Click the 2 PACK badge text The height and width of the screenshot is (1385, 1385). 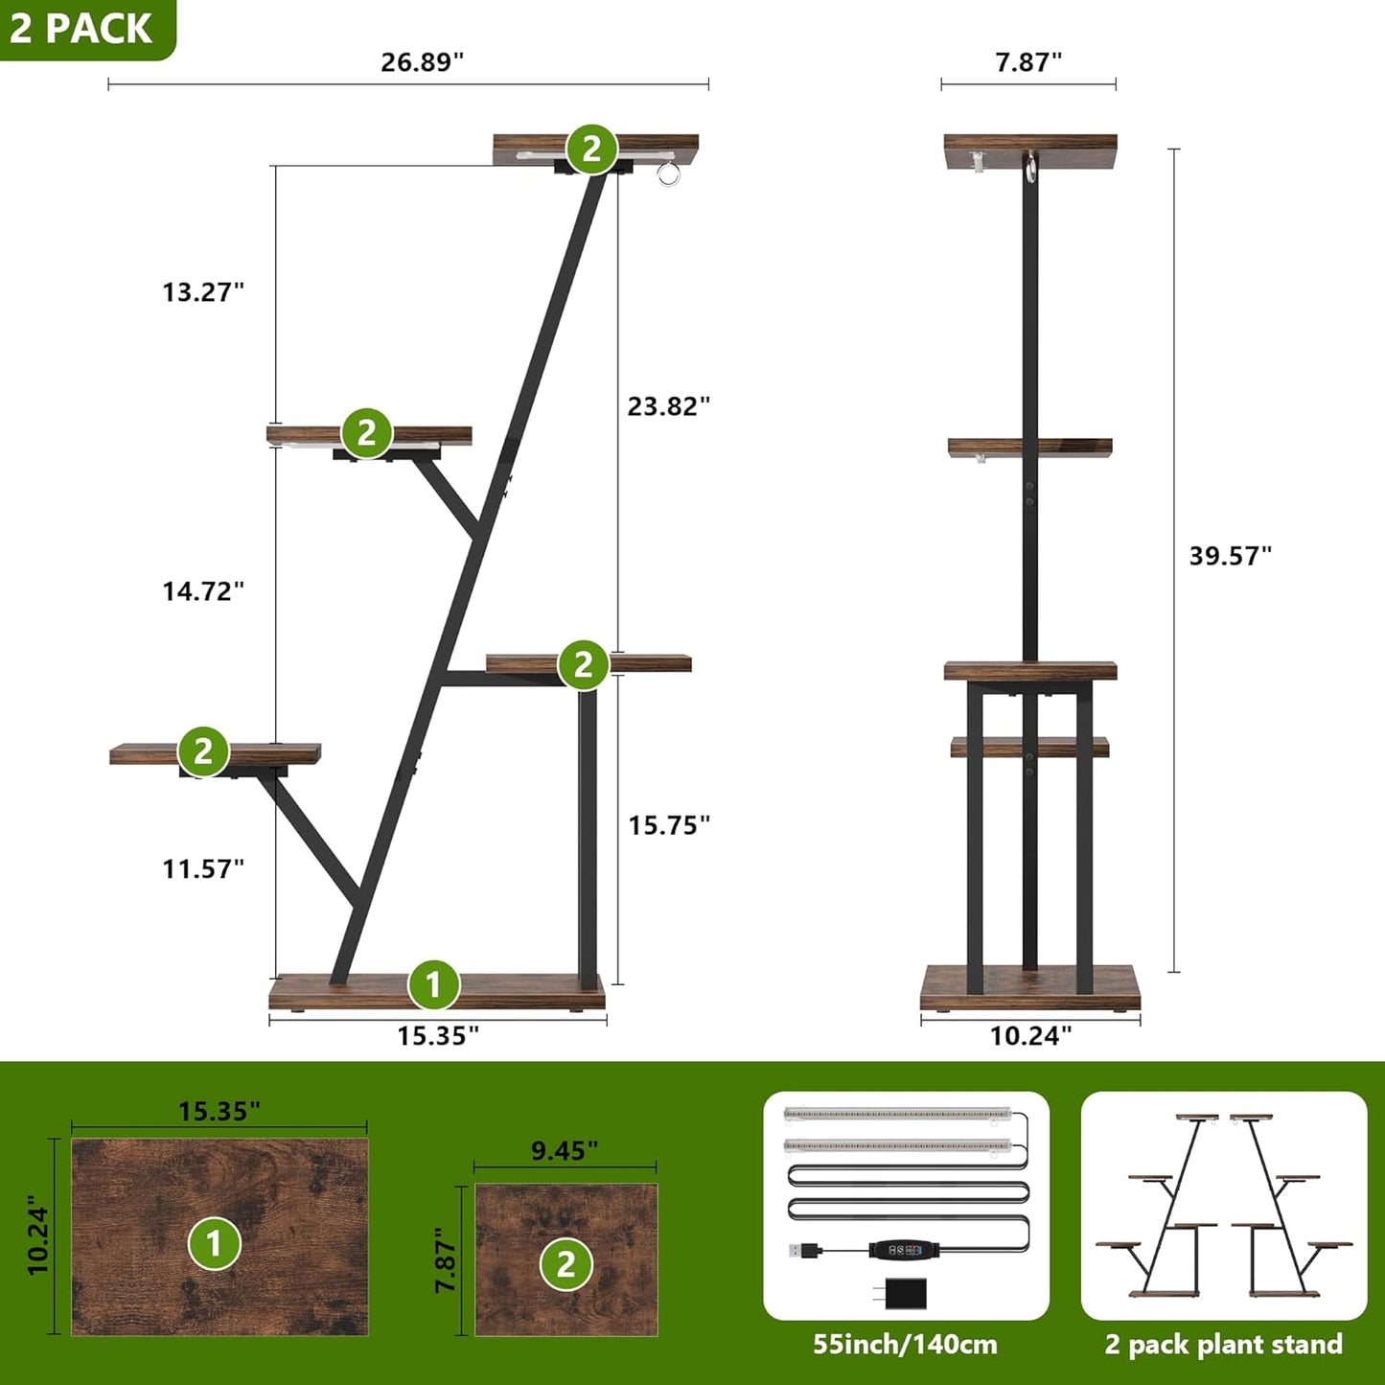tap(81, 28)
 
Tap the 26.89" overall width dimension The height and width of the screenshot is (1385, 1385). tap(422, 62)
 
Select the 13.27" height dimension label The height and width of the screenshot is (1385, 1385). tap(203, 291)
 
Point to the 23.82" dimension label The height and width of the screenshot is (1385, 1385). tap(669, 406)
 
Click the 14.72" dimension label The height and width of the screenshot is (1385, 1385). tap(203, 591)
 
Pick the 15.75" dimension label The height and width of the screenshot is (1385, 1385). tap(669, 825)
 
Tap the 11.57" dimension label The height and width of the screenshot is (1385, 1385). tap(203, 869)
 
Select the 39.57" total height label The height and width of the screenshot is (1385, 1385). tap(1231, 556)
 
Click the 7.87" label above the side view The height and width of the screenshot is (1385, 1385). tap(1028, 62)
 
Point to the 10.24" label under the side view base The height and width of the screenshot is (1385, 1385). tap(1030, 1036)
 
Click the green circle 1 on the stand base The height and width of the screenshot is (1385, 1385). tap(433, 984)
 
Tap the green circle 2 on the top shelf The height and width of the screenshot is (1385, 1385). tap(591, 149)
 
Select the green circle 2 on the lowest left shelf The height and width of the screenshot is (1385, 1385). tap(203, 750)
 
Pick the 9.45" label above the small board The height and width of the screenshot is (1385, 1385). tap(565, 1150)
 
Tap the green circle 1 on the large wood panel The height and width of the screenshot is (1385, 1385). tap(215, 1243)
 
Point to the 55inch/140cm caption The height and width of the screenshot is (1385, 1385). tap(905, 1345)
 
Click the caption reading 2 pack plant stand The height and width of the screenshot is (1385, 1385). tap(1223, 1345)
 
